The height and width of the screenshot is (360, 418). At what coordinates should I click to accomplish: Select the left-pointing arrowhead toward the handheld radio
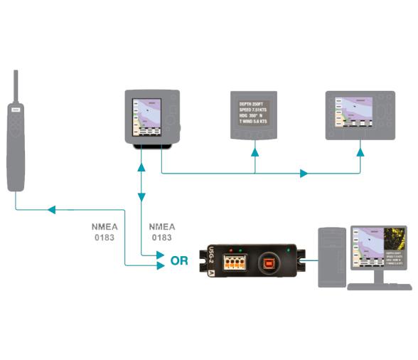(50, 210)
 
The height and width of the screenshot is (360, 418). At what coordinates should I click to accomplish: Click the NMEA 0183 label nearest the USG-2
(161, 231)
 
